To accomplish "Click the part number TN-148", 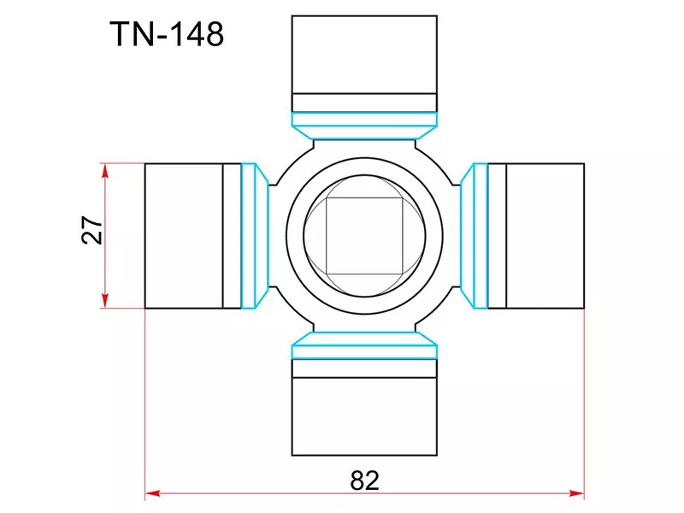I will (x=167, y=35).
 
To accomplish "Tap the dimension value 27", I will (x=92, y=231).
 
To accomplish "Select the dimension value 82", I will (x=364, y=480).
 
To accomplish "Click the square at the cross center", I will (x=365, y=235).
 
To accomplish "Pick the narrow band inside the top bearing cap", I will (x=365, y=103).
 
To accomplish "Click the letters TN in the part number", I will (x=128, y=35).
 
